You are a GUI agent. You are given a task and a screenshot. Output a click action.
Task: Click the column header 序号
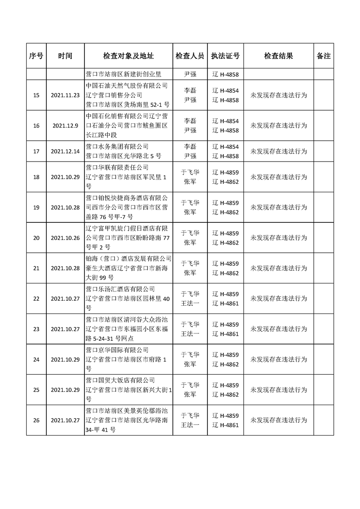coord(36,56)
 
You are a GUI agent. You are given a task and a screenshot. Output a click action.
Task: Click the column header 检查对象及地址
coord(128,56)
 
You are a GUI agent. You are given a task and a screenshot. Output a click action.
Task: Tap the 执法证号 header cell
coord(226,56)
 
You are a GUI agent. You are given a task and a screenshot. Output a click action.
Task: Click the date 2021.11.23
coord(65,95)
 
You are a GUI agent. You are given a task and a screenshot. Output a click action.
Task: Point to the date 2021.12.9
coord(65,126)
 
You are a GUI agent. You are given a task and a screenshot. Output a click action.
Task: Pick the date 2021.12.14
coord(65,151)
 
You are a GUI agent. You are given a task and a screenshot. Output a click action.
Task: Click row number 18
coord(36,176)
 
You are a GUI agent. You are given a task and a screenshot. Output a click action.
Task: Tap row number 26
coord(36,420)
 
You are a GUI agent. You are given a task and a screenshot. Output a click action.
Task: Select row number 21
coord(36,268)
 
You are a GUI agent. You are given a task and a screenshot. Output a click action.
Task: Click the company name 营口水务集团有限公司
coord(117,147)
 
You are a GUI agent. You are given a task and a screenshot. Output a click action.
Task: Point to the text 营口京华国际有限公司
coord(117,350)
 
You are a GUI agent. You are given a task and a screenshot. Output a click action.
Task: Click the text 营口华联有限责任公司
coord(117,167)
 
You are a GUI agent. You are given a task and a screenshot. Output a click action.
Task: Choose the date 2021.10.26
coord(65,238)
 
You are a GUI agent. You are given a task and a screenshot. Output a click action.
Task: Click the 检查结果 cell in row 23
coord(279,329)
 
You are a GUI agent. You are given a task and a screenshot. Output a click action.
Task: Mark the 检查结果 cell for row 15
coord(279,95)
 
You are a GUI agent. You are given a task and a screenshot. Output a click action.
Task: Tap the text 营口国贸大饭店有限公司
coord(120,380)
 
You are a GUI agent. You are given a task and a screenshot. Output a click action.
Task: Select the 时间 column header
coord(65,56)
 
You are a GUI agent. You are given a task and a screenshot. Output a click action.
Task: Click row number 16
coord(36,126)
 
